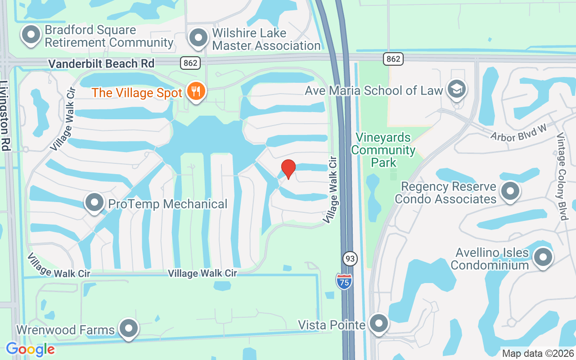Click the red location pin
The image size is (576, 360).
pos(288,169)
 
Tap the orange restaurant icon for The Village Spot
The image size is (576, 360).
pos(196,91)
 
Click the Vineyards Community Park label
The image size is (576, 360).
pos(383,150)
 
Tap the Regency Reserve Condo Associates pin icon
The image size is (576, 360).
pos(510,191)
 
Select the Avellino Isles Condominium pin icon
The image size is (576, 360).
pos(542,257)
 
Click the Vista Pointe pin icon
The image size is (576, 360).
pos(378,324)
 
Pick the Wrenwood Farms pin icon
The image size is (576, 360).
pos(129,328)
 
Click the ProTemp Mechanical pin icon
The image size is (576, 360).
pos(94,203)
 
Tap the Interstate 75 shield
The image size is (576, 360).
pos(344,281)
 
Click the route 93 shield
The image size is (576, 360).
pos(350,259)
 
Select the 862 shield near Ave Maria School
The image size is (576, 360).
pos(393,58)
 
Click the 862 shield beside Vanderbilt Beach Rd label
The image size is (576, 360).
pos(190,63)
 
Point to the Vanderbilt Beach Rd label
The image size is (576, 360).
pos(101,63)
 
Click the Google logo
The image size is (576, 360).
pos(30,349)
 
